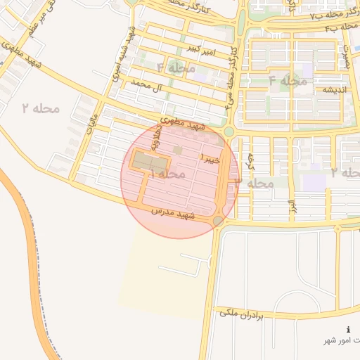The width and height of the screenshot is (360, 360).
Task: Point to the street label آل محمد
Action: pyautogui.click(x=147, y=88)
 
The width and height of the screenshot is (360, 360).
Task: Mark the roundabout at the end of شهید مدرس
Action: pyautogui.click(x=219, y=221)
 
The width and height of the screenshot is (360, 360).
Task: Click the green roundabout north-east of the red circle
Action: pyautogui.click(x=229, y=131)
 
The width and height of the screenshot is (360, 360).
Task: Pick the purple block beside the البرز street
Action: pyautogui.click(x=314, y=182)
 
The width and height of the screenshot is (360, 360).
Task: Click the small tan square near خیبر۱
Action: pyautogui.click(x=178, y=150)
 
